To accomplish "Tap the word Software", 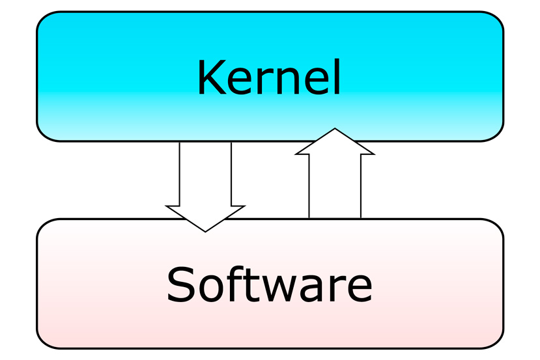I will [x=269, y=284].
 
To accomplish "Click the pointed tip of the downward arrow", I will [x=205, y=230].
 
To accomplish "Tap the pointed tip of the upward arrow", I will [x=335, y=130].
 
